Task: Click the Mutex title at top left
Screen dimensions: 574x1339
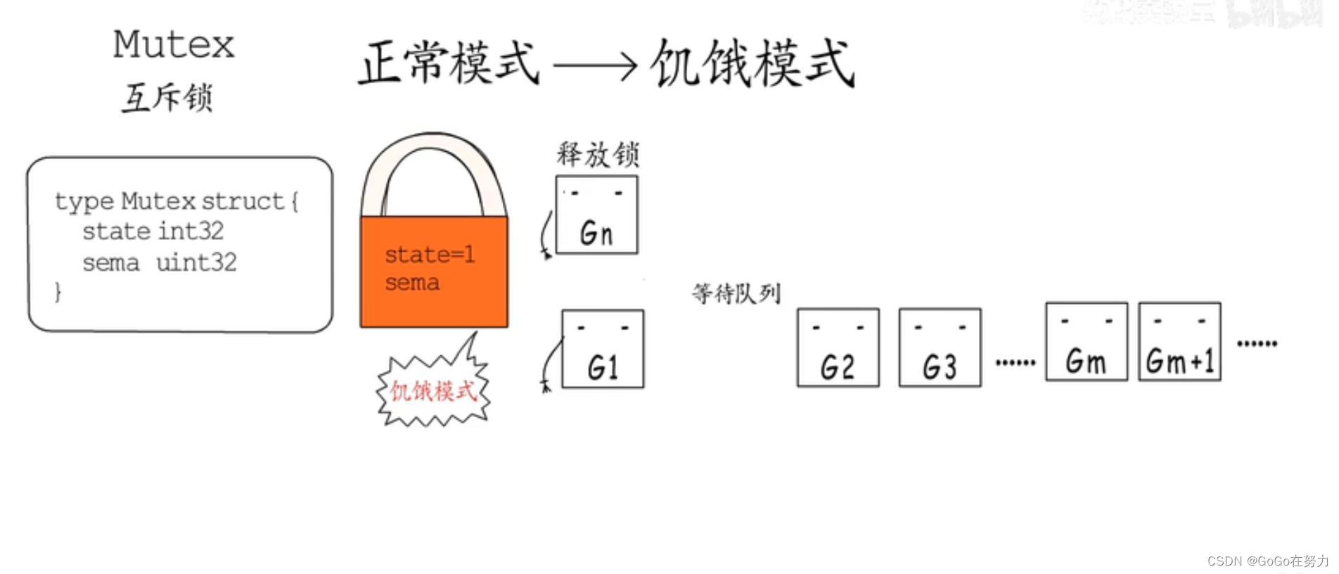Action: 174,44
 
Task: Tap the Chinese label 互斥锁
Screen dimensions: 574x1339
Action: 167,97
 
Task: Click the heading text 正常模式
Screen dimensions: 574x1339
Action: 449,63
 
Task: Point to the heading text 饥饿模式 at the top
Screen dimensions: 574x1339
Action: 752,63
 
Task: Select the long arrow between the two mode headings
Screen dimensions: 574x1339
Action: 594,66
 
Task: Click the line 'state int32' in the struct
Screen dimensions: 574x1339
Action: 153,231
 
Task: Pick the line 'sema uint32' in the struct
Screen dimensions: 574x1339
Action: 160,263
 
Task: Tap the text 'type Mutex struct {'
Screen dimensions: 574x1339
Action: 177,201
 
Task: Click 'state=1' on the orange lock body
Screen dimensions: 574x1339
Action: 429,254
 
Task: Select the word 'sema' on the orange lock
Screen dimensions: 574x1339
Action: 412,283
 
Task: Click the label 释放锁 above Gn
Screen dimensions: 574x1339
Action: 598,154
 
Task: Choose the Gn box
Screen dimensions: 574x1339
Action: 596,215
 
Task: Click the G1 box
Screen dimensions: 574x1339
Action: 603,349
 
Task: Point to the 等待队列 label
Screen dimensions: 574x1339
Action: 736,293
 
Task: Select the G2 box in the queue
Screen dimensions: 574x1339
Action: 838,347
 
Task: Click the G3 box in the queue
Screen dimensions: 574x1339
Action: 940,347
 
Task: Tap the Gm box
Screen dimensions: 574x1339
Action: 1086,342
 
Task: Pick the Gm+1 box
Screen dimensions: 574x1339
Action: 1179,342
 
